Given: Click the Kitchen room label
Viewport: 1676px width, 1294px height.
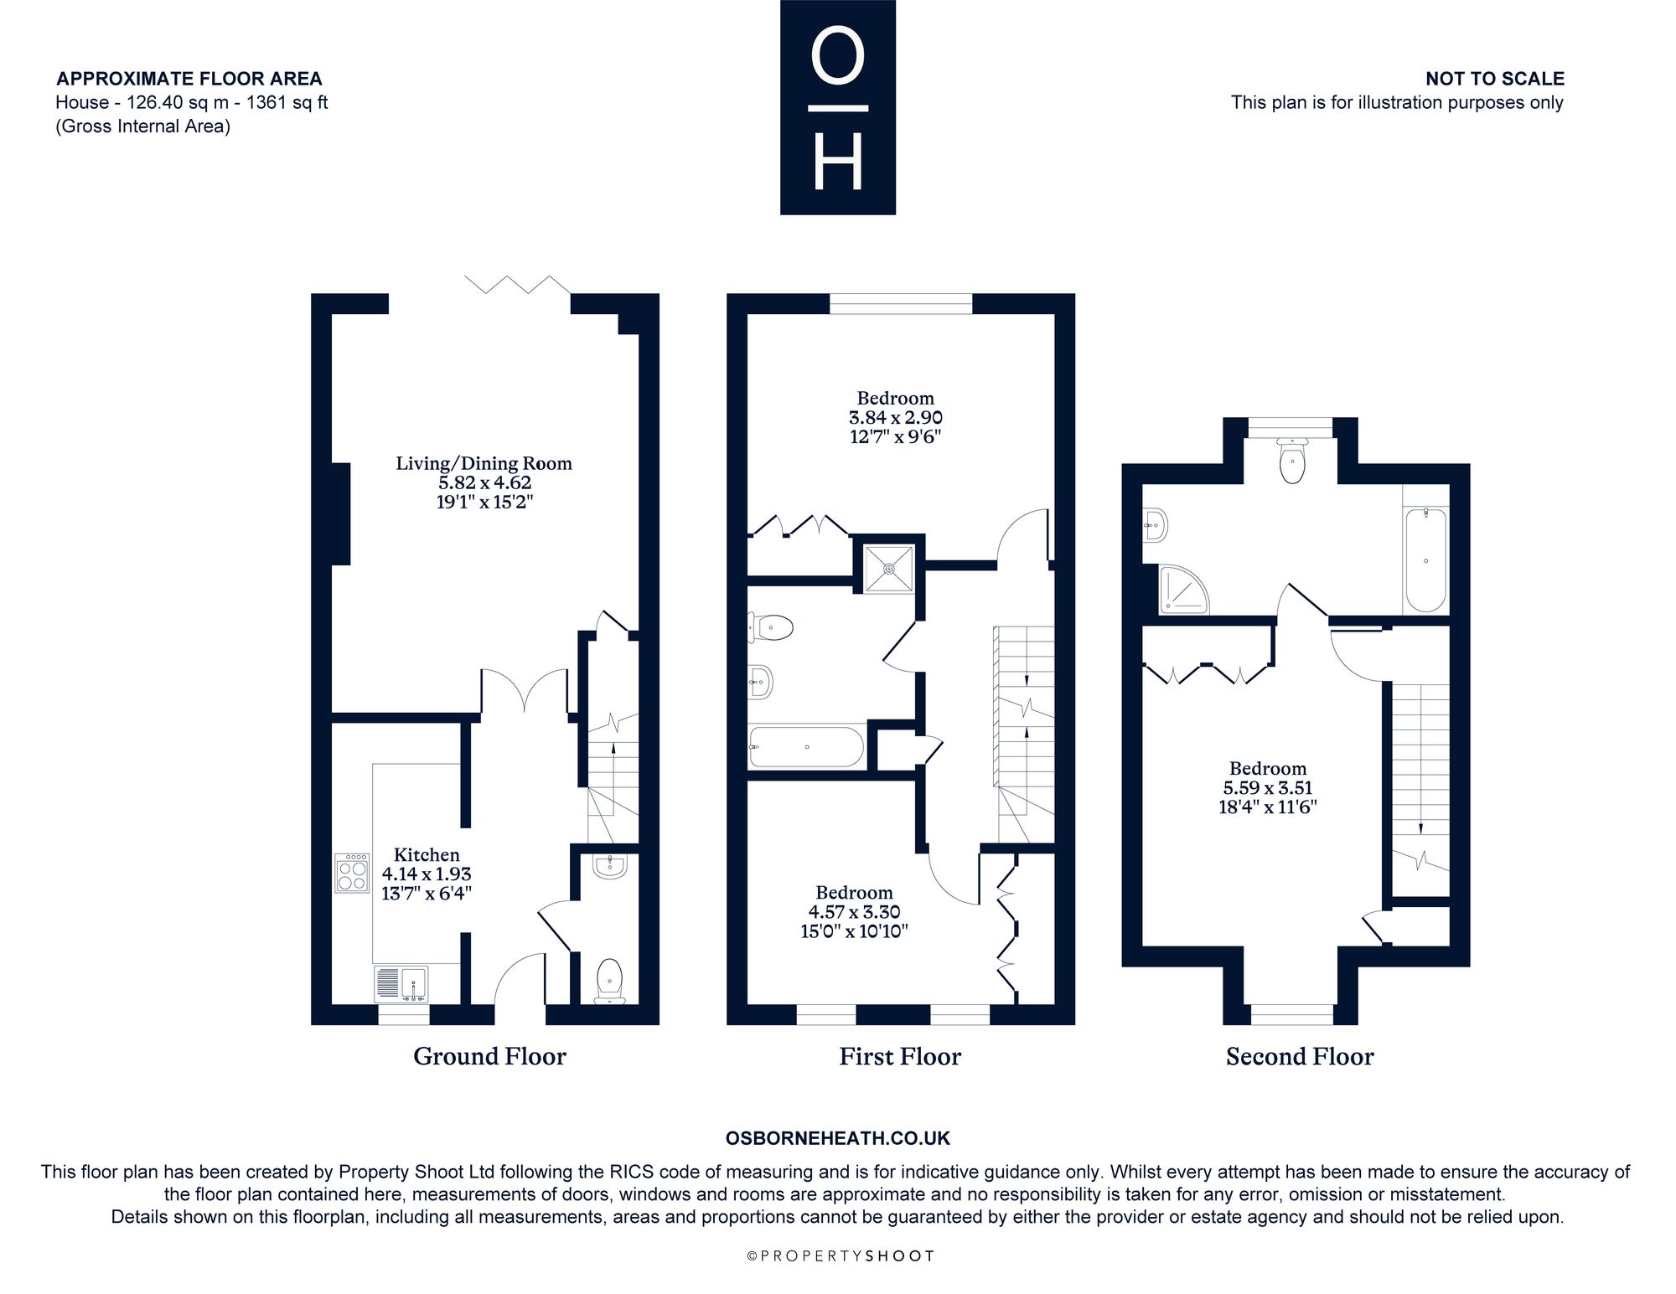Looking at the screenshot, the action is click(x=427, y=855).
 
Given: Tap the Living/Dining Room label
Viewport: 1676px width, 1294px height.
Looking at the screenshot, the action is click(x=484, y=464).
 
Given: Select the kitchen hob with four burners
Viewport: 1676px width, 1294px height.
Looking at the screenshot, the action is click(x=352, y=873).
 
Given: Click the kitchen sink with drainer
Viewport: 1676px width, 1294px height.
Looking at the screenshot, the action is click(x=401, y=983).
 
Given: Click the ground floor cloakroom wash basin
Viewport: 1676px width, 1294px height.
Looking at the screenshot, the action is click(x=609, y=867).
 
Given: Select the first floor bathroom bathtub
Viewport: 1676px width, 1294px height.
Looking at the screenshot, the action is click(x=806, y=746).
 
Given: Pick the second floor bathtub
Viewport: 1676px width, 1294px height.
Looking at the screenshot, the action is click(x=1425, y=559).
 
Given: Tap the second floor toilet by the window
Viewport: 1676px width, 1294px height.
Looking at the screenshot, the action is click(x=1293, y=461).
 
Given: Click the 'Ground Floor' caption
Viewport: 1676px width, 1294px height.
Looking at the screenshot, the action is click(x=489, y=1056).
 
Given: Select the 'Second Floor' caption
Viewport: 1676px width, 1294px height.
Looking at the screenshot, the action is click(x=1300, y=1056).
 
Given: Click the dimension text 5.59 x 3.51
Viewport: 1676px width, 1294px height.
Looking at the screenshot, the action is click(x=1267, y=788).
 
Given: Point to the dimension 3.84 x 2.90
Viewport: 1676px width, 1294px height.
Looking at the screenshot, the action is click(x=895, y=417).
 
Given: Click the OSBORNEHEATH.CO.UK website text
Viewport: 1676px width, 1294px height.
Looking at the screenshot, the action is click(x=838, y=1138).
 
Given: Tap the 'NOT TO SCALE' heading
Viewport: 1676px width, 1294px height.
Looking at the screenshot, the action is click(x=1495, y=79).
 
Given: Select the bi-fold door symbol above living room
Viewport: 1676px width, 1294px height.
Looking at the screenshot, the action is click(x=518, y=285).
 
